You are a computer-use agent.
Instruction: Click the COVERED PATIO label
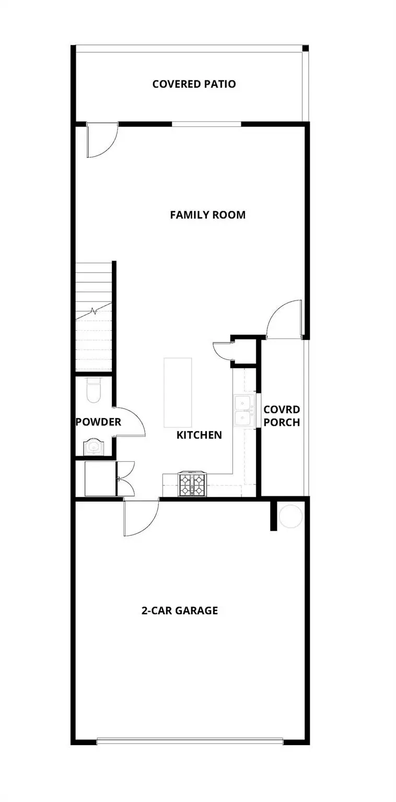tap(194, 84)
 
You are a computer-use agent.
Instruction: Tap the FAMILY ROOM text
tap(207, 215)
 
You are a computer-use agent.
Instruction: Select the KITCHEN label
tap(199, 435)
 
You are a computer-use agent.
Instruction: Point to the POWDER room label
tap(98, 422)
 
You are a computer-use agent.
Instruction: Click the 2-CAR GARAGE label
tap(180, 610)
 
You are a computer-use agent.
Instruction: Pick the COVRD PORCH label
tap(282, 416)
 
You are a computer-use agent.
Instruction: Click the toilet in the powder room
tap(93, 391)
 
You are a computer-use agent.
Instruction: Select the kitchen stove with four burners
tap(191, 484)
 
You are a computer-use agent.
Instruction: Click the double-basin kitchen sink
tap(242, 411)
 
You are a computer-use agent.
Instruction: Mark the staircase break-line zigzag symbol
tap(94, 311)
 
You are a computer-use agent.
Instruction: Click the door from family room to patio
tap(102, 140)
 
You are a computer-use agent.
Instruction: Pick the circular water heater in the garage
tap(290, 516)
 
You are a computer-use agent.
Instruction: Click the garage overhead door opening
tap(190, 741)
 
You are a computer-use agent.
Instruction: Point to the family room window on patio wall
tap(207, 124)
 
